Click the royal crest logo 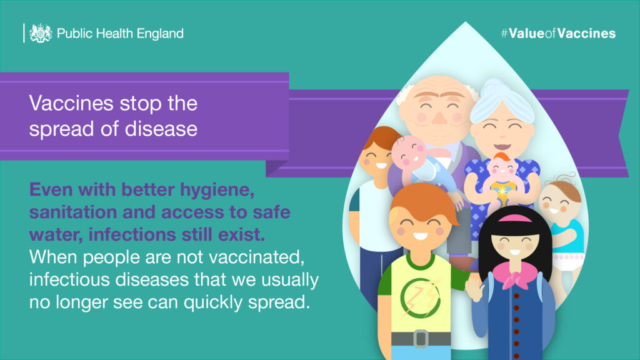41,33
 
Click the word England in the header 160,34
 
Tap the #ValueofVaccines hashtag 558,34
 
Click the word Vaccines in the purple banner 71,103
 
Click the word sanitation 71,212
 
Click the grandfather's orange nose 439,117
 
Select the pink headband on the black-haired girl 515,219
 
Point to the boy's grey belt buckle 421,339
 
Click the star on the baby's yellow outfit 502,191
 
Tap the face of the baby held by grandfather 409,152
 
